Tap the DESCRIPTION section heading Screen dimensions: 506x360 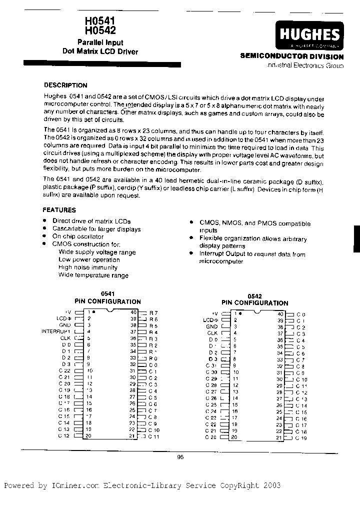pos(65,85)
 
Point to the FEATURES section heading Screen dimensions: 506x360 pos(59,210)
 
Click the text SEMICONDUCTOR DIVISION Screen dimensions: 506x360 pos(292,57)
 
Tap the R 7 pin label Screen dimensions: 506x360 pos(153,312)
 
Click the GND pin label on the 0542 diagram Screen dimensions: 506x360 pos(211,326)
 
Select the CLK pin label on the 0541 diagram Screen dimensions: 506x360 pos(66,337)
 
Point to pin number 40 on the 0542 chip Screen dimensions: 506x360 pos(281,313)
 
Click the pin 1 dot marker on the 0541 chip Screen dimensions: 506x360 pos(94,311)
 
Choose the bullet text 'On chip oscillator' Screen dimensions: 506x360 pos(78,236)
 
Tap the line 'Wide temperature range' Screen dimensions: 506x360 pos(93,275)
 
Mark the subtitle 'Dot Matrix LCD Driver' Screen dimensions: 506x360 pos(100,51)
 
